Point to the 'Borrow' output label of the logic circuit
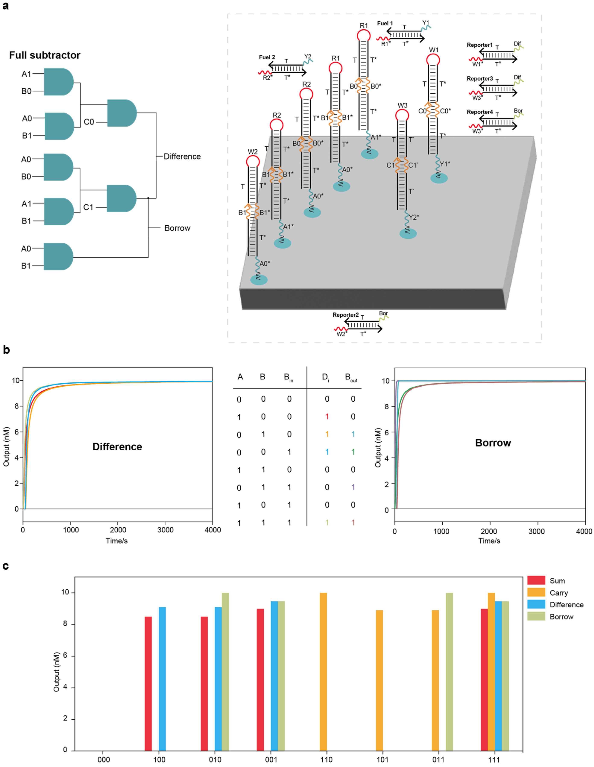[x=177, y=228]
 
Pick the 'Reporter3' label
[x=480, y=78]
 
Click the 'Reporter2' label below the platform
[x=345, y=315]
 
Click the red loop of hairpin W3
[x=402, y=115]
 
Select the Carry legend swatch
[x=536, y=593]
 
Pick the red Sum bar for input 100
[x=148, y=683]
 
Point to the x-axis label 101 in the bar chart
[x=382, y=759]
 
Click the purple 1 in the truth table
[x=353, y=487]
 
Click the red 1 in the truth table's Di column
[x=327, y=417]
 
